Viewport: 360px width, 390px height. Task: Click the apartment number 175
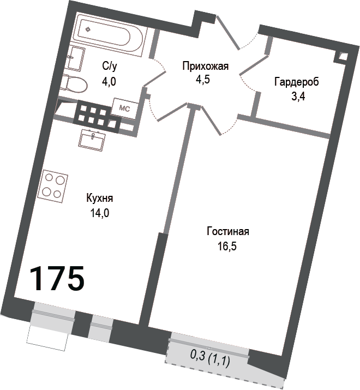tap(57, 278)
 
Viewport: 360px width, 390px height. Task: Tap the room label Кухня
tap(100, 199)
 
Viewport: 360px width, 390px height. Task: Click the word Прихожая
tap(205, 67)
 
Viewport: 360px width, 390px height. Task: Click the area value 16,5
tap(227, 246)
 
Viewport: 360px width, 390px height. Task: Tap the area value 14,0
tap(100, 213)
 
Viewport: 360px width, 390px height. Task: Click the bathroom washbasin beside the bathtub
tap(76, 59)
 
